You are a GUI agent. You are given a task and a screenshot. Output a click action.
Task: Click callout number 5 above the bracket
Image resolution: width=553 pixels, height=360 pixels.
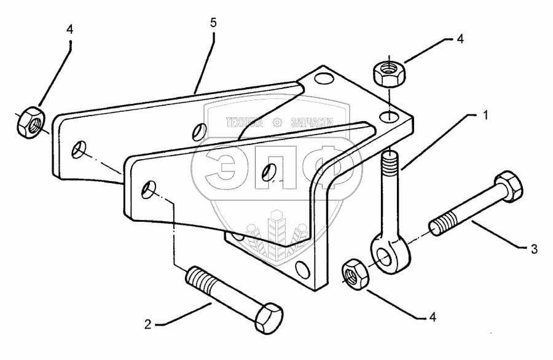click(x=214, y=23)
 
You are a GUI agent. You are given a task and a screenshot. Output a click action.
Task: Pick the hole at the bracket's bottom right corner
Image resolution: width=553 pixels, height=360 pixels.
click(x=301, y=267)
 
